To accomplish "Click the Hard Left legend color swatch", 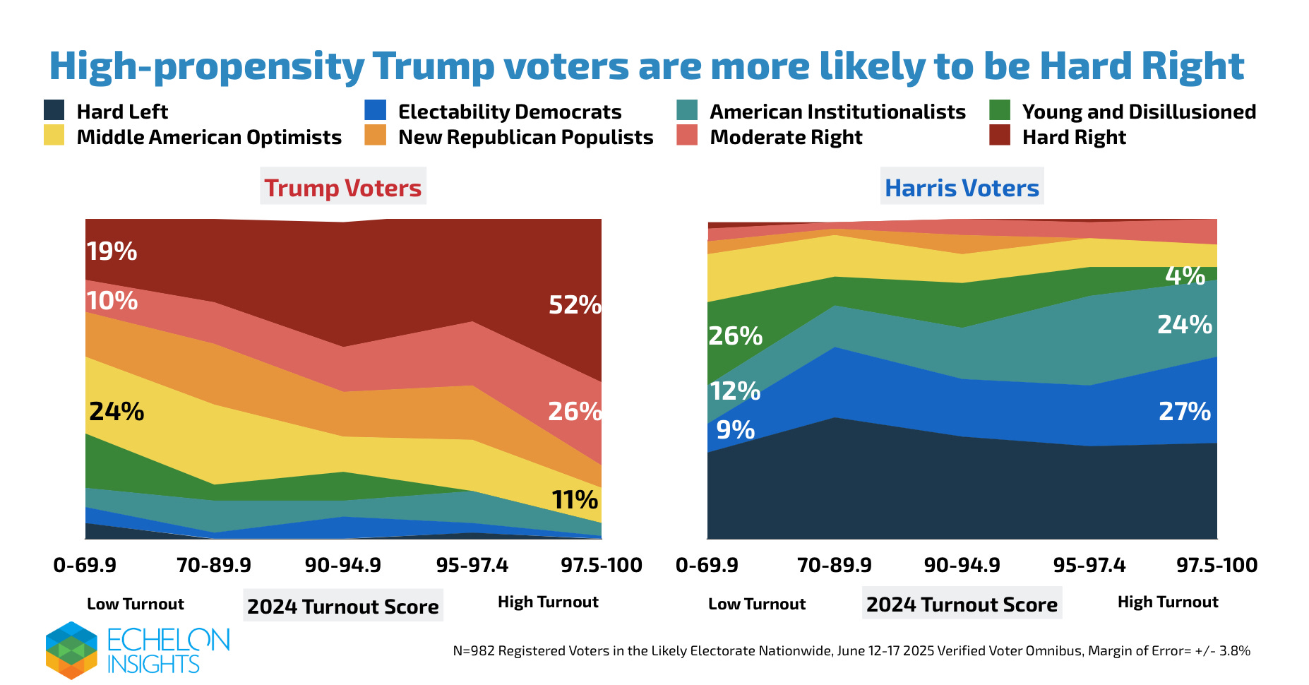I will pos(54,110).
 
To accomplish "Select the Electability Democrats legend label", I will pos(510,112).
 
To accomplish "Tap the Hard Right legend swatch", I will pos(1000,136).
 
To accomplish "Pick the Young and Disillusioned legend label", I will pos(1139,112).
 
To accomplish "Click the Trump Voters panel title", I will pos(342,188).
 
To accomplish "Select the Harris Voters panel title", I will pos(962,188).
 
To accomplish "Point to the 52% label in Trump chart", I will pos(575,305).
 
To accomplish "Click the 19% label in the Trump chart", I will pos(112,251).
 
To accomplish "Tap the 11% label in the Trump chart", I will pos(575,500).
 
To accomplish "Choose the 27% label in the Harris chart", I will pos(1185,411).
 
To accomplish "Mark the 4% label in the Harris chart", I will pos(1185,275).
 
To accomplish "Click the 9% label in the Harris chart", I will pos(735,429).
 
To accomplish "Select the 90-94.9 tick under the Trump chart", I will pos(342,565).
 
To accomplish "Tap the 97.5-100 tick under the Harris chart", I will pos(1217,565).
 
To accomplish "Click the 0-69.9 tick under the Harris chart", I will pos(707,565).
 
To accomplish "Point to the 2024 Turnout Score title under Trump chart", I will pos(342,607).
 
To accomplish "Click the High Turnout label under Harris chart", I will pos(1168,602).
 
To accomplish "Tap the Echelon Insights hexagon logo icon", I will pos(71,650).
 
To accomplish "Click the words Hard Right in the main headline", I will pos(1141,66).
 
